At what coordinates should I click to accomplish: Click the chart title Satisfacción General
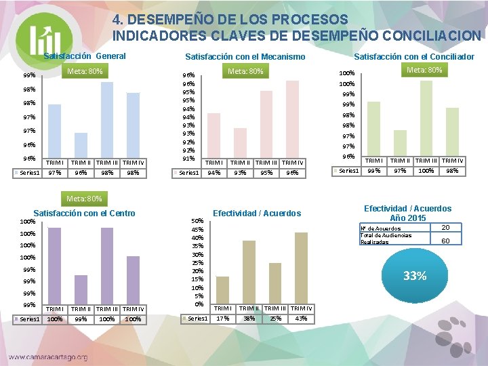pyautogui.click(x=85, y=56)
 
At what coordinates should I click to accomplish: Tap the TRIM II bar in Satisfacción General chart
pyautogui.click(x=81, y=145)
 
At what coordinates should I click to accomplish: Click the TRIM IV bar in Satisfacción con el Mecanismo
pyautogui.click(x=292, y=119)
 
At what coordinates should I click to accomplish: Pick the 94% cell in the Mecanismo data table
pyautogui.click(x=213, y=173)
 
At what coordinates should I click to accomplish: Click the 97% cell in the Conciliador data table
pyautogui.click(x=400, y=171)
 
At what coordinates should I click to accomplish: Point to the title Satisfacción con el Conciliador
pyautogui.click(x=414, y=57)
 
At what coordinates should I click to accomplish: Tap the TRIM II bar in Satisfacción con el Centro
pyautogui.click(x=81, y=289)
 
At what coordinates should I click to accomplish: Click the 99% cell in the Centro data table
pyautogui.click(x=81, y=319)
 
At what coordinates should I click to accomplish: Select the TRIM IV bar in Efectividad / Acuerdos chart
pyautogui.click(x=301, y=268)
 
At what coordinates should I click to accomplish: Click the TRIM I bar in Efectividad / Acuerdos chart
pyautogui.click(x=222, y=290)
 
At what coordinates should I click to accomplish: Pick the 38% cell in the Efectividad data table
pyautogui.click(x=249, y=319)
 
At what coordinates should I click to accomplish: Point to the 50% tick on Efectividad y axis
pyautogui.click(x=197, y=221)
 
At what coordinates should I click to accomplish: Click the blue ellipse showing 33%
pyautogui.click(x=414, y=276)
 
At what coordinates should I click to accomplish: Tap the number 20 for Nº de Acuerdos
pyautogui.click(x=445, y=227)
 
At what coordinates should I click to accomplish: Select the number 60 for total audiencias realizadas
pyautogui.click(x=445, y=241)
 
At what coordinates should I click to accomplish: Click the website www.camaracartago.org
pyautogui.click(x=47, y=357)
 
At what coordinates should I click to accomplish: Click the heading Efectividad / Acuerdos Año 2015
pyautogui.click(x=407, y=213)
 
